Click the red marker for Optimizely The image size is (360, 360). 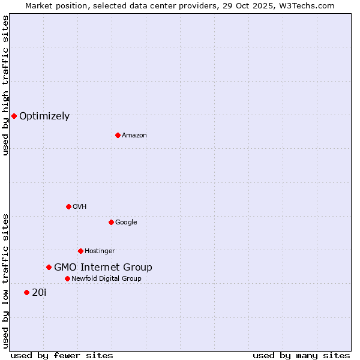(14, 116)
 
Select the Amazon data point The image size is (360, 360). (118, 135)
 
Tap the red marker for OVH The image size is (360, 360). (68, 206)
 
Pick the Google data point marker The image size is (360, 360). (111, 222)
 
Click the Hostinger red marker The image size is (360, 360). (80, 251)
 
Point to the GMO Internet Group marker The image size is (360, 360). (49, 267)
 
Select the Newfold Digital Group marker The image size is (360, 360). (67, 278)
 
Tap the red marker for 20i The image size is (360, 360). (26, 292)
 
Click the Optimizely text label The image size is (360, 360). (44, 116)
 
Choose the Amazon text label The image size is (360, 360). (134, 135)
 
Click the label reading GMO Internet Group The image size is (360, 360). (103, 268)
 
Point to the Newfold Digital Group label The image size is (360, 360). (106, 278)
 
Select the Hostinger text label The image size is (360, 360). (100, 251)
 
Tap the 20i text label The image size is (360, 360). (39, 293)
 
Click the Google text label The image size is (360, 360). (126, 222)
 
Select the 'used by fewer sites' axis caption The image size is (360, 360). (62, 355)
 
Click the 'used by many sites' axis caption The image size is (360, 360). (301, 355)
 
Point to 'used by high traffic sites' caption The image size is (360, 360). (5, 86)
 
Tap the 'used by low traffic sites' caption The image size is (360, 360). (5, 280)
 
